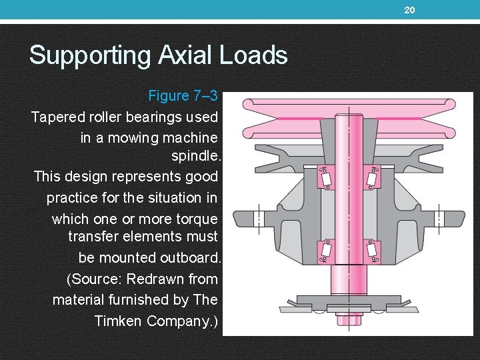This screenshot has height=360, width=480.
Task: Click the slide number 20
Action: click(x=410, y=9)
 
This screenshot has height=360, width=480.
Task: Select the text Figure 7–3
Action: click(x=187, y=95)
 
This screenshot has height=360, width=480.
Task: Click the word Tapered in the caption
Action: click(x=59, y=117)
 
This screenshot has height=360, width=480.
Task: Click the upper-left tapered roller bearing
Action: click(x=325, y=178)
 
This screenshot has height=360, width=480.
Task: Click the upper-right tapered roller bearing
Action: click(x=372, y=178)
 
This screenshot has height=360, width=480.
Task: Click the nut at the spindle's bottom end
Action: click(x=348, y=319)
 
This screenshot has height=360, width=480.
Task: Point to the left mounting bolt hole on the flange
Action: click(x=259, y=218)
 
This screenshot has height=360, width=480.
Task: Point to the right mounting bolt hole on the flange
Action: click(x=438, y=218)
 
